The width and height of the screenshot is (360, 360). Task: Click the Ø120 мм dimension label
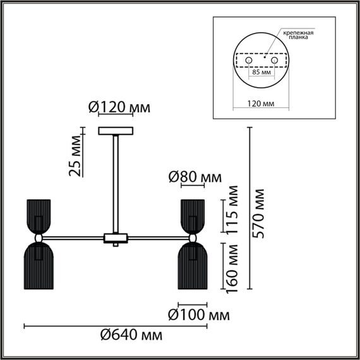(x=119, y=108)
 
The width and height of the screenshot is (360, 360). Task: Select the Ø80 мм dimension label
(x=195, y=179)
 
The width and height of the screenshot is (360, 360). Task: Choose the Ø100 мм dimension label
(x=198, y=314)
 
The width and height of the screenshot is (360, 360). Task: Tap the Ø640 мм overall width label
(x=131, y=333)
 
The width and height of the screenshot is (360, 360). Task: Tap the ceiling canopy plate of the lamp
(x=116, y=131)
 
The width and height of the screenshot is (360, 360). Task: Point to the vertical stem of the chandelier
(x=116, y=183)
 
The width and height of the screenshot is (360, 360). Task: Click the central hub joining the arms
(x=116, y=238)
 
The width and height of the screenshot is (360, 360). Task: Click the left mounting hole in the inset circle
(x=248, y=59)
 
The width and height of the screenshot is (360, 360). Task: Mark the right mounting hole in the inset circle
(x=275, y=59)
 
